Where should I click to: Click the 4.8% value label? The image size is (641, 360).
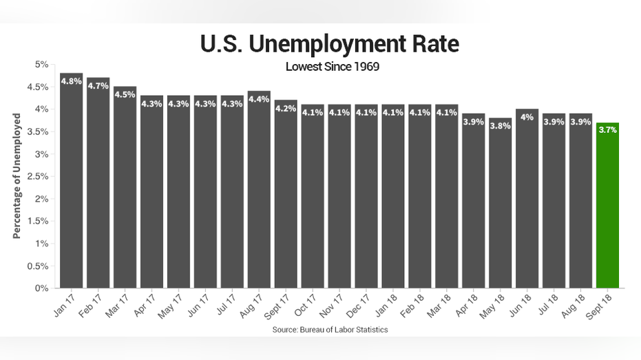pyautogui.click(x=72, y=81)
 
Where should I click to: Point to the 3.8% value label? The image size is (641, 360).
pyautogui.click(x=500, y=126)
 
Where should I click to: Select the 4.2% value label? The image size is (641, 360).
pyautogui.click(x=286, y=108)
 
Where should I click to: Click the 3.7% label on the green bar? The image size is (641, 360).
pyautogui.click(x=607, y=130)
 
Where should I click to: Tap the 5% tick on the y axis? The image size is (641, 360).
pyautogui.click(x=41, y=65)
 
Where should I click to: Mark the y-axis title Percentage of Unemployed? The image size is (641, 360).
pyautogui.click(x=17, y=176)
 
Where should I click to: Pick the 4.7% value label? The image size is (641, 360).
pyautogui.click(x=98, y=86)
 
